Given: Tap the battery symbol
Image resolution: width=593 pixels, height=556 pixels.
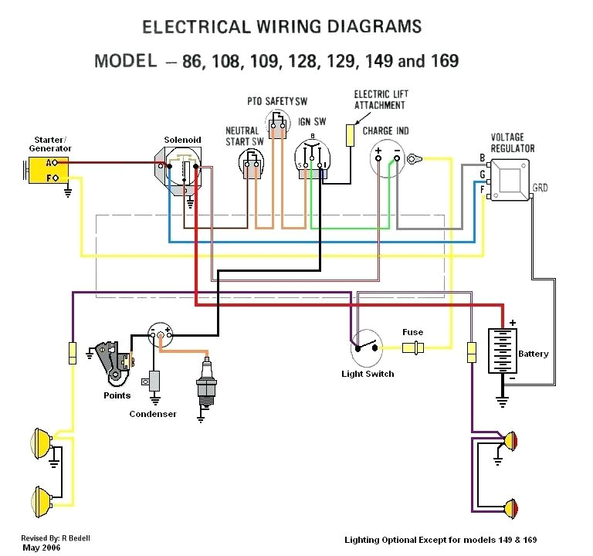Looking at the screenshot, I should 502,351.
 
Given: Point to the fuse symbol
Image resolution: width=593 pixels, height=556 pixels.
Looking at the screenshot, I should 414,347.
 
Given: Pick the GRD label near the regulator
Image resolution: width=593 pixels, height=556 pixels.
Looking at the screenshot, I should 540,188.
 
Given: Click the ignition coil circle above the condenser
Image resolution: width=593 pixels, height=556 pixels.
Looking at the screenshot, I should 161,334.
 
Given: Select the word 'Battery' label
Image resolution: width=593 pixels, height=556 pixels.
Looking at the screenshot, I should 533,354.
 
